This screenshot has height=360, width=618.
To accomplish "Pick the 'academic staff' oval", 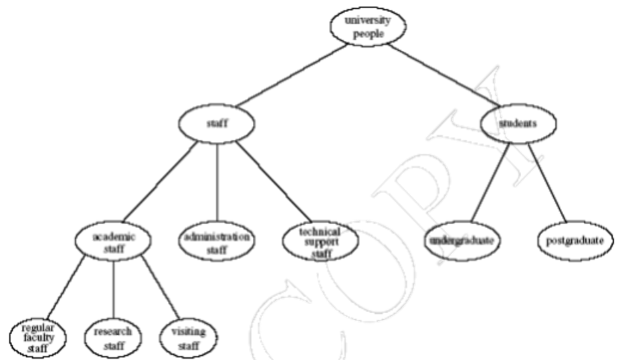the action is point(114,242).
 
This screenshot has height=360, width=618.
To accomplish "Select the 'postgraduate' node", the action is point(575,240).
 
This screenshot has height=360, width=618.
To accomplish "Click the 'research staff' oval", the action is point(114,337).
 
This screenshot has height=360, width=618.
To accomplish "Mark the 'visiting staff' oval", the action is point(190,337).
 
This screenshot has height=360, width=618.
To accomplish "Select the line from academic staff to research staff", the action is point(114,289).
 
